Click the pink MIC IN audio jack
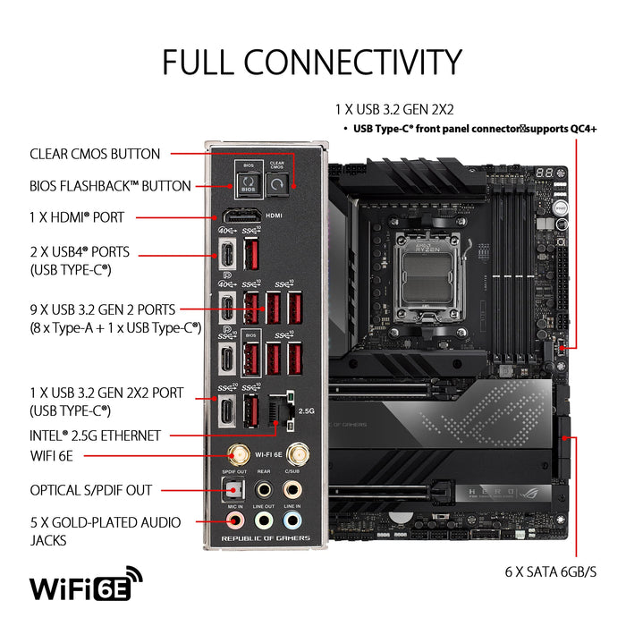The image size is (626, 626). (233, 519)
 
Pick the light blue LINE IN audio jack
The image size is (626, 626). (292, 519)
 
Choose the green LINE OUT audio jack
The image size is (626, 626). (263, 519)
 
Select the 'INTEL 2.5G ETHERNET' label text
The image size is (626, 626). (95, 436)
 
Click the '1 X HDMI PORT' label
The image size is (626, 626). (77, 216)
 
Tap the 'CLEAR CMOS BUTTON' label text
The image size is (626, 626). (95, 154)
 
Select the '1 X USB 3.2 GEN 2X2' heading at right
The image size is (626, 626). (394, 110)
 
